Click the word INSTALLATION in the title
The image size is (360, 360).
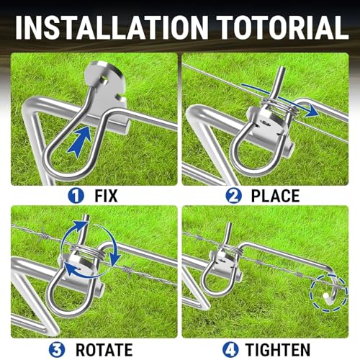pos(112,27)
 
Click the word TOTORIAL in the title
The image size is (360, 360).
pos(284,27)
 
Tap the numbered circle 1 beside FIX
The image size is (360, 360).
pos(76,196)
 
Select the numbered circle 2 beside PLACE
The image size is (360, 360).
pos(233,196)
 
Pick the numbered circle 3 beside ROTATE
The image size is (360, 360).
pos(57,350)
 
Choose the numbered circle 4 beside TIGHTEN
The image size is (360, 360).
pos(230,350)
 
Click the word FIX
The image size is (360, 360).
pos(106,196)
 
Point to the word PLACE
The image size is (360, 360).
pos(275,196)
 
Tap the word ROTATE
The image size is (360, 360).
pos(104,350)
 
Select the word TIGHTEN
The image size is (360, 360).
pos(278,350)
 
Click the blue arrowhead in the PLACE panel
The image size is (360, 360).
pos(312,112)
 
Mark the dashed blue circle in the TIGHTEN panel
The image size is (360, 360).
pos(329,293)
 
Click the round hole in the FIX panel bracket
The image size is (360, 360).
pos(104,79)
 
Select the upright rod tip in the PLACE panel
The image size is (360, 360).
pos(282,69)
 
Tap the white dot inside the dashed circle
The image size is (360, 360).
pos(325,295)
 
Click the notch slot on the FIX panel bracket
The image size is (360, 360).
pos(120,97)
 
